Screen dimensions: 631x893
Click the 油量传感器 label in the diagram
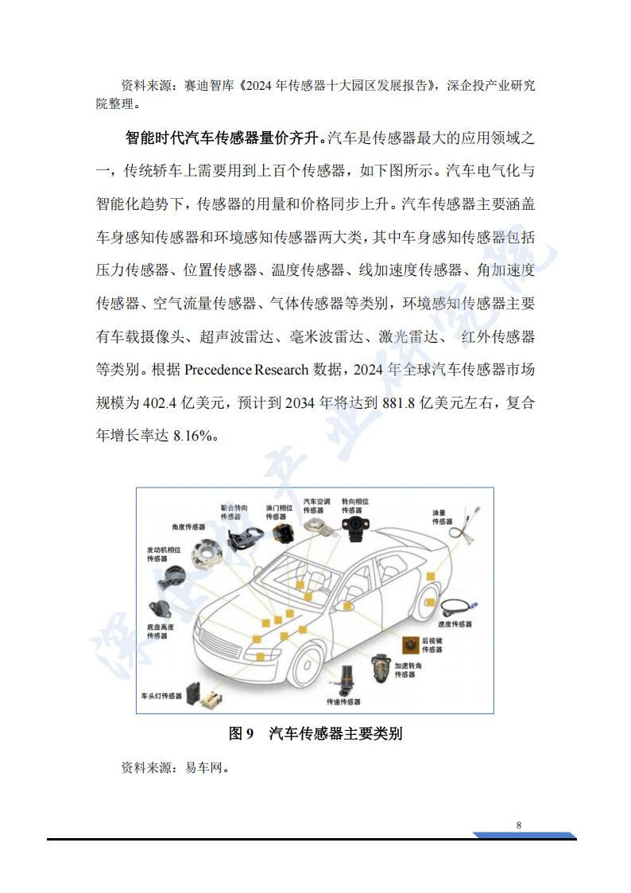442,517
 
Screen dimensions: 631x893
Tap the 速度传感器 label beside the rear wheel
455,623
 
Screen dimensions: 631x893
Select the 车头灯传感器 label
161,696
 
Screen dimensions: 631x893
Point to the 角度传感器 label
188,526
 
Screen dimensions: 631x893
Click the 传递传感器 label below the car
343,701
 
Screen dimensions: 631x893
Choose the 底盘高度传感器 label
161,631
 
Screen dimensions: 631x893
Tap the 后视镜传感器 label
432,645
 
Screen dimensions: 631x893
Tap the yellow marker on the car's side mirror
347,607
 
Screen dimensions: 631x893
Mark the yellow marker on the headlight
260,657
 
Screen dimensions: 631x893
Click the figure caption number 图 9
241,733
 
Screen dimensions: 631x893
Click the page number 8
518,825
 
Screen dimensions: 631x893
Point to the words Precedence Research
246,370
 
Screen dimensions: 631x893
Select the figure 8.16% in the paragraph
193,436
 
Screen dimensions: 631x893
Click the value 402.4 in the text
159,402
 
